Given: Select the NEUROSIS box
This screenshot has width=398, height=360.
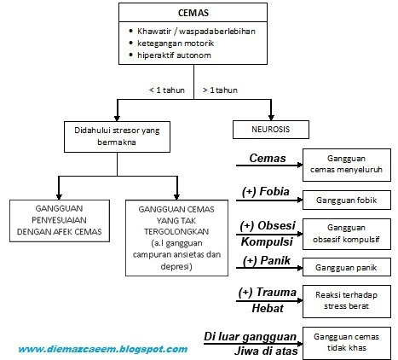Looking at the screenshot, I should coord(267,130).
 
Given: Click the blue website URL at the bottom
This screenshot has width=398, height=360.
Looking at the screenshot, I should coord(102,349).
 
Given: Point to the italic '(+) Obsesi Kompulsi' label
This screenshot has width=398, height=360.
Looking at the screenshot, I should coord(267,232).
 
